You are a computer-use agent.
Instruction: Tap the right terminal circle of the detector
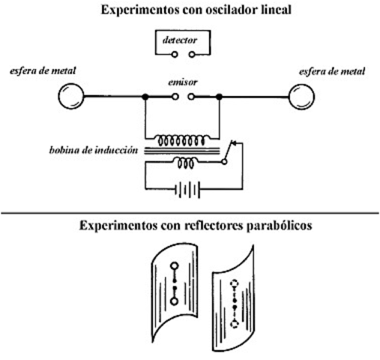pyautogui.click(x=193, y=55)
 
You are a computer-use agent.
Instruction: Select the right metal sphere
pyautogui.click(x=301, y=97)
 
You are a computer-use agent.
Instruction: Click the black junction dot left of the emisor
pyautogui.click(x=145, y=97)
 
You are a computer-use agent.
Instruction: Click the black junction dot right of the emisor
pyautogui.click(x=218, y=97)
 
